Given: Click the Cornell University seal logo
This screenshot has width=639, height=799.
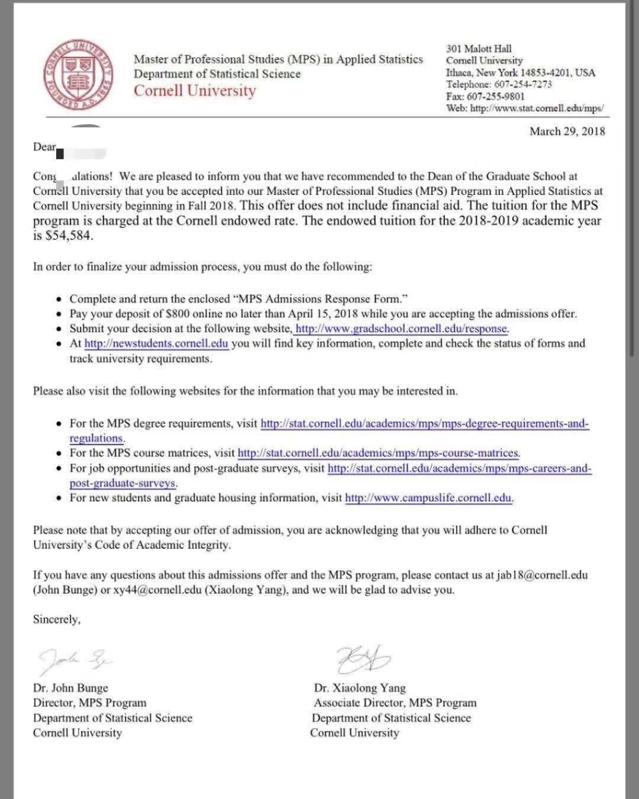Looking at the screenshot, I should tap(78, 75).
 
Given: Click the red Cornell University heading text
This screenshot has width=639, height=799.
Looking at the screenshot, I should tap(195, 91).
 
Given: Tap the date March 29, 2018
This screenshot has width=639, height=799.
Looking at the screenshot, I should tap(567, 131).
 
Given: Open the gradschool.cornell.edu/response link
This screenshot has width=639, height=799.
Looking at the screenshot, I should tap(401, 328).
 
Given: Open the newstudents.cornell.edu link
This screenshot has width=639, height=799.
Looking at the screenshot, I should tap(156, 343).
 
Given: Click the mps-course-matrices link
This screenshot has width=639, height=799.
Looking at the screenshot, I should tap(379, 453).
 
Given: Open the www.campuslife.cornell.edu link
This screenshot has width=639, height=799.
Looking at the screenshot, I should tap(428, 498).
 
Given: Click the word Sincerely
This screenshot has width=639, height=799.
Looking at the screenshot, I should tap(56, 619).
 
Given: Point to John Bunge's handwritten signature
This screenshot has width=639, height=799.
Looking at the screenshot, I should tap(74, 658).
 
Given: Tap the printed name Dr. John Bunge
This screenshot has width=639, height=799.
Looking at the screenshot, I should tap(70, 688).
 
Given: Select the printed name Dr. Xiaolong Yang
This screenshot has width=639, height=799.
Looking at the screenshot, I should tap(360, 688).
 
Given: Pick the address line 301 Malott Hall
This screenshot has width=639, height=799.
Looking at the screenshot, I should tap(479, 49).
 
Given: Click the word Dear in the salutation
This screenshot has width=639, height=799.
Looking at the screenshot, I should tap(44, 147).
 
